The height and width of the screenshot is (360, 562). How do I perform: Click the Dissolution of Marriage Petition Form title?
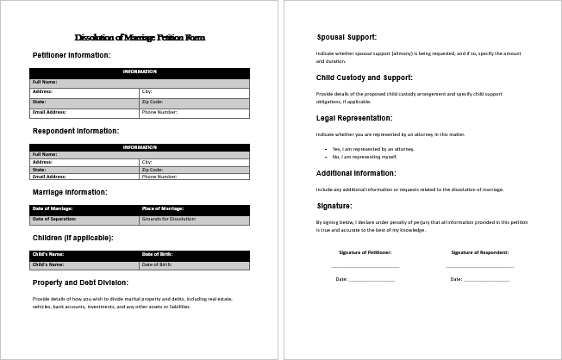[140, 38]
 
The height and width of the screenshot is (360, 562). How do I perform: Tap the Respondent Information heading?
[76, 131]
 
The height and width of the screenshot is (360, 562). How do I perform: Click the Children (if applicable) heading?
[72, 237]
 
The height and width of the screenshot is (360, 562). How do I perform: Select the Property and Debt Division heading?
[80, 282]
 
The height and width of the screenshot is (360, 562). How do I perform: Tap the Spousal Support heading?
[347, 38]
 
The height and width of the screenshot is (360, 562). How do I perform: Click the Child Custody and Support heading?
[365, 78]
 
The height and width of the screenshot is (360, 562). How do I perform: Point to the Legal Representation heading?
[354, 118]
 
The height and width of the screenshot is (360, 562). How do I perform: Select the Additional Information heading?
[356, 173]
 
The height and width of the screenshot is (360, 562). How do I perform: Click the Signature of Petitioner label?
[365, 252]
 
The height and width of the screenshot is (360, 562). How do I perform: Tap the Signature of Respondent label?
[479, 252]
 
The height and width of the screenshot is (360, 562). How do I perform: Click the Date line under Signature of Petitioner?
[372, 279]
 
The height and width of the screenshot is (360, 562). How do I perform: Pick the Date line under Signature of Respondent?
[486, 279]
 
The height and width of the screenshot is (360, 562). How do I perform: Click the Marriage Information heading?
[70, 192]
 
